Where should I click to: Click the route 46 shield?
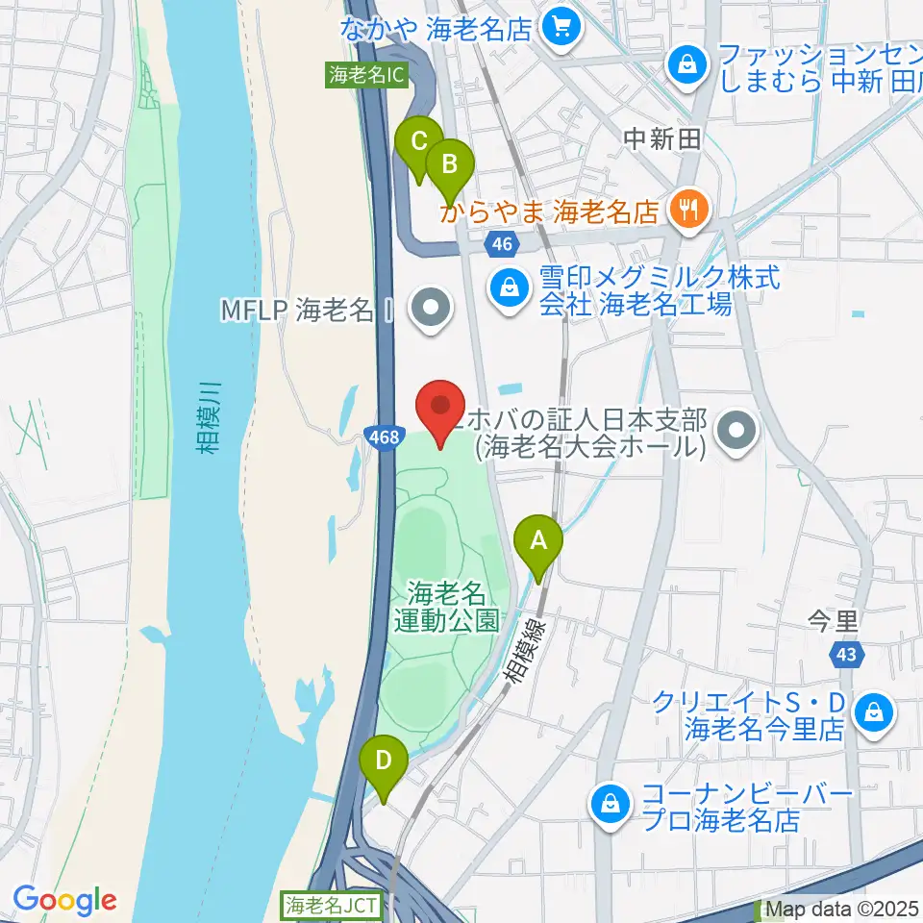click(501, 244)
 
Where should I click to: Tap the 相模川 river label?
click(212, 415)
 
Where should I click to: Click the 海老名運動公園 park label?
click(447, 605)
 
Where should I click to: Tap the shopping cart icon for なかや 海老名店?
click(561, 27)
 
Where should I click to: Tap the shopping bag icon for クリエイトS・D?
click(878, 712)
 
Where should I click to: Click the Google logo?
click(65, 901)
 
